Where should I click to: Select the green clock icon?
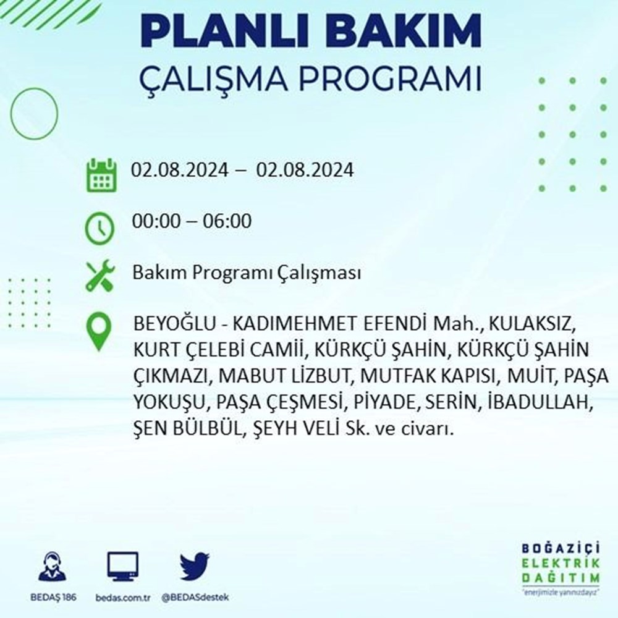point(99,228)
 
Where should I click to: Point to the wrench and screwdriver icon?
point(101,276)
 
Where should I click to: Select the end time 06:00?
point(227,221)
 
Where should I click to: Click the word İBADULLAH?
point(540,402)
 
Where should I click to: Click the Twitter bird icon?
point(195,566)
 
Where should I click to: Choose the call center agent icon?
point(53,567)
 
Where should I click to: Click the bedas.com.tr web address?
point(123,598)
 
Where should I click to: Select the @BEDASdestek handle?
point(195,598)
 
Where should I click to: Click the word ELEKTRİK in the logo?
point(561,563)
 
